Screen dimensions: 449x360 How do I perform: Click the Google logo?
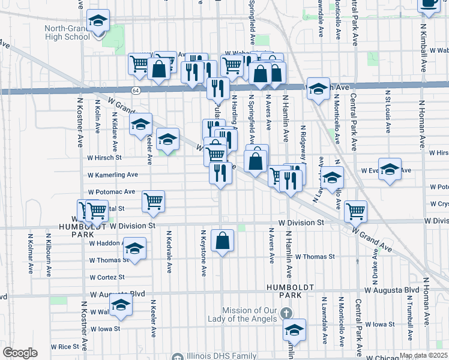[x=20, y=353]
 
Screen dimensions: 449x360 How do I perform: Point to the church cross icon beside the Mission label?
[x=286, y=313]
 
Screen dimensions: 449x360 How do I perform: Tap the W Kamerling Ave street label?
[x=113, y=175]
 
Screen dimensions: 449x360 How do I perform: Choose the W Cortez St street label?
[x=107, y=278]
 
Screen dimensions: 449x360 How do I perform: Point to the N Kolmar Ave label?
[x=30, y=252]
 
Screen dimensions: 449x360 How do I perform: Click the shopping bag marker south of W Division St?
[x=223, y=241]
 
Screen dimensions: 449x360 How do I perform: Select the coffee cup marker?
[x=429, y=2]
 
